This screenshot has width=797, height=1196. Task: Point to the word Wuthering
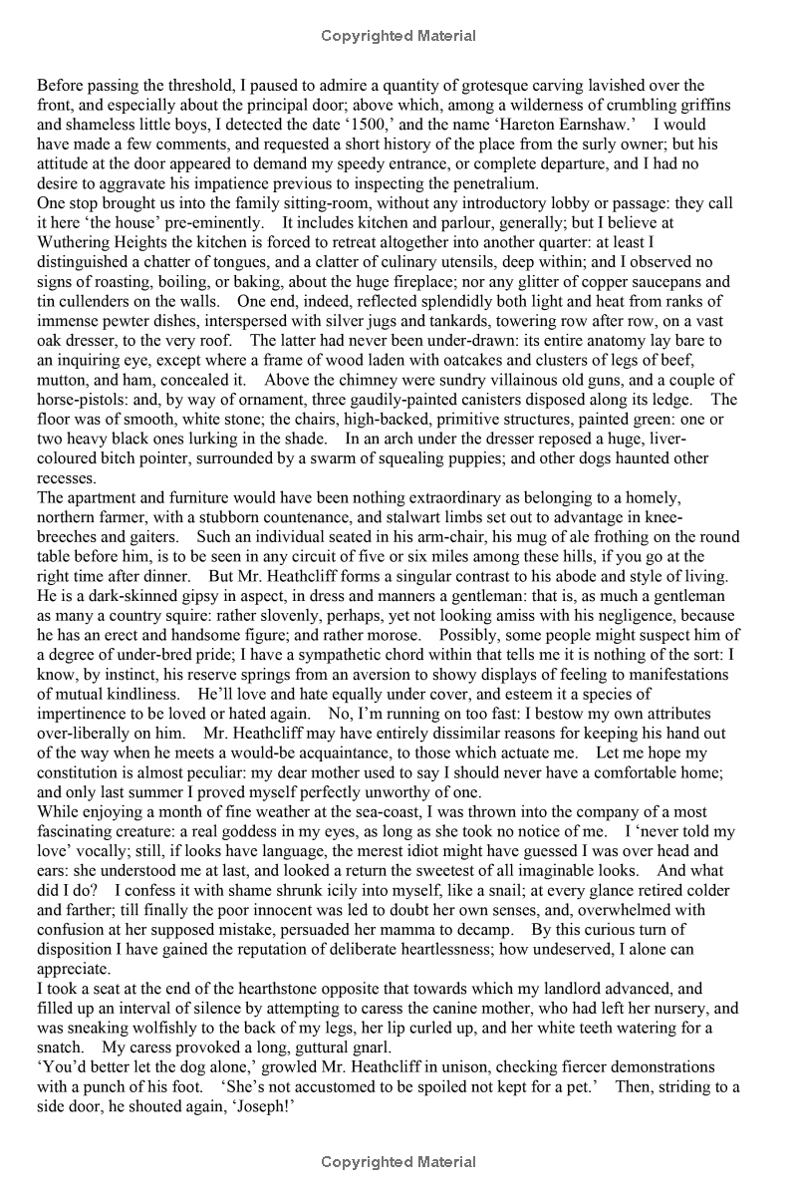[x=74, y=240]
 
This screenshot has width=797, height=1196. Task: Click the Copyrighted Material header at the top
[x=398, y=37]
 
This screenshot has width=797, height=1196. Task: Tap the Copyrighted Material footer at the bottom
[x=398, y=1162]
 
